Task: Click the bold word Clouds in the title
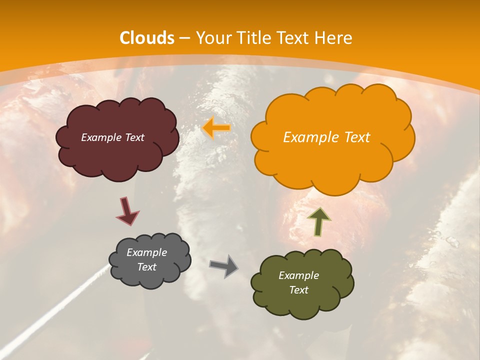pos(147,38)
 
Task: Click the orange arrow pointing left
pos(216,128)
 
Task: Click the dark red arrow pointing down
pos(127,211)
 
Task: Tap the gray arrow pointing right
pos(224,265)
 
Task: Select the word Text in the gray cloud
pos(147,267)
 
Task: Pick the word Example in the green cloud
pos(298,275)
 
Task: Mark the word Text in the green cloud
pos(298,290)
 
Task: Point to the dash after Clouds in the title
pos(184,38)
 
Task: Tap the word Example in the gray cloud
pos(147,252)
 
